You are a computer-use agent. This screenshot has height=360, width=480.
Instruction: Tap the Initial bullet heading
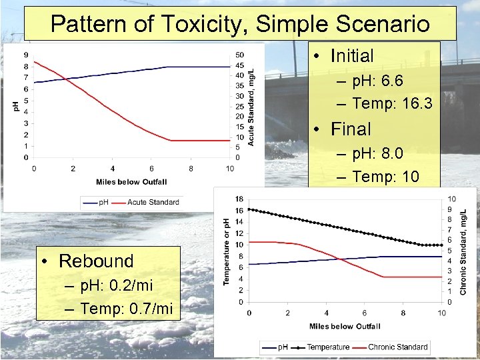coord(352,56)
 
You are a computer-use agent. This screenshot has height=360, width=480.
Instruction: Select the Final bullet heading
coord(350,129)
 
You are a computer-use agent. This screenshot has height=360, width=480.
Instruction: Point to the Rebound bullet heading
coord(96,261)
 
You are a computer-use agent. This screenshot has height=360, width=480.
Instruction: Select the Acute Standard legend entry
coord(153,202)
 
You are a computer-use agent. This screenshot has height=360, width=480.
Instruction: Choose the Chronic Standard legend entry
coord(397,347)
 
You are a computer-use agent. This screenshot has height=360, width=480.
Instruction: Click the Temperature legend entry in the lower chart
coord(328,347)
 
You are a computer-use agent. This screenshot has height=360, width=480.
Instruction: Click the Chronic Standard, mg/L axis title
coord(463,251)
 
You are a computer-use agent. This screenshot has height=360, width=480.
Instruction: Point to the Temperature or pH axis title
coord(227,251)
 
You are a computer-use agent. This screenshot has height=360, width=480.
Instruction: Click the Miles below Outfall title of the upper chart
coord(131,182)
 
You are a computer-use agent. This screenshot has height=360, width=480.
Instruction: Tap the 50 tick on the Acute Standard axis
coord(240,55)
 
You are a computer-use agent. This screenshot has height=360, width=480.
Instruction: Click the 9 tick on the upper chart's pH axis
coord(26,55)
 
